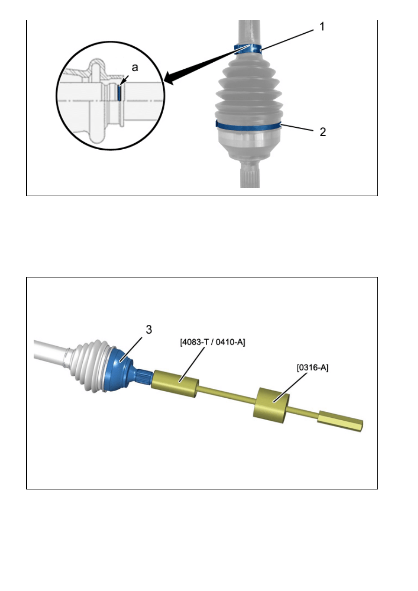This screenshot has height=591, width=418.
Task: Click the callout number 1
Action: [322, 27]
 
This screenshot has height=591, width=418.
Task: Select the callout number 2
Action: [323, 132]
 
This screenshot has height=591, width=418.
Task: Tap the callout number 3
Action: [149, 330]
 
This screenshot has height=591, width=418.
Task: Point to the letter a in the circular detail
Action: [135, 67]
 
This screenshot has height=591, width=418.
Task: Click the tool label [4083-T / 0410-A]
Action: [212, 342]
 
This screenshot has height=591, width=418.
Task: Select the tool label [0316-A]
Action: [313, 367]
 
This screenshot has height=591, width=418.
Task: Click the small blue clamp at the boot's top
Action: [248, 49]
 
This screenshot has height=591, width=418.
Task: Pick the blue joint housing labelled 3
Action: [117, 371]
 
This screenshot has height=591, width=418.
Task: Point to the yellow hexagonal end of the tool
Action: [340, 421]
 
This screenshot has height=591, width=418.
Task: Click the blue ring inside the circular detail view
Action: [119, 93]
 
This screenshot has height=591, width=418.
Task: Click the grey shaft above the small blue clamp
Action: [249, 32]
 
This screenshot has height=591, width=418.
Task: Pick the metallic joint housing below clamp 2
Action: [249, 144]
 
